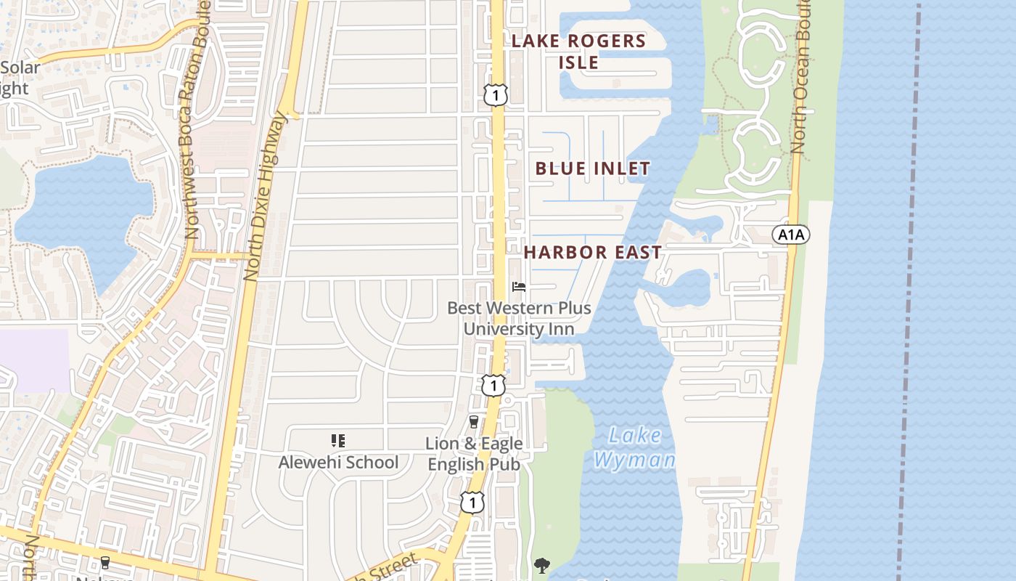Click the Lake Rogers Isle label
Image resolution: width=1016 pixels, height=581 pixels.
[578, 51]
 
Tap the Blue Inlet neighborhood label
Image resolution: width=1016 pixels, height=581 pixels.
[592, 168]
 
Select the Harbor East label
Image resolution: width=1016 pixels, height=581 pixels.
[592, 253]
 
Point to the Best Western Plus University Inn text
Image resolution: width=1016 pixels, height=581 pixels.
[519, 318]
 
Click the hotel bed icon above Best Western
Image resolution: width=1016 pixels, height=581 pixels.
[519, 287]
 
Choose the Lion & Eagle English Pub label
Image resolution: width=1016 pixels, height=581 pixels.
[474, 453]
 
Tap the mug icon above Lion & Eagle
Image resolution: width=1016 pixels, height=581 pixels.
[474, 422]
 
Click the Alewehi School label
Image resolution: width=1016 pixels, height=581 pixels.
[338, 462]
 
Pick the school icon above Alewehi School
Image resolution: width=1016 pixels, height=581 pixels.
[337, 440]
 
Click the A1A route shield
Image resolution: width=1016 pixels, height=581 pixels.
[790, 235]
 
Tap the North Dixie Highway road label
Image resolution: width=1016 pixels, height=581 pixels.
[266, 196]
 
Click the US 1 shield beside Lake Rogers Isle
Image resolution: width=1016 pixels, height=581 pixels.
[496, 94]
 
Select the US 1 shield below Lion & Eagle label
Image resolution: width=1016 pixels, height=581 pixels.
[472, 502]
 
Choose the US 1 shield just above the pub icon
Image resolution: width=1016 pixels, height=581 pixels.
[493, 385]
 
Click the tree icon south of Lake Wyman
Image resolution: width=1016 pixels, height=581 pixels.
[541, 565]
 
